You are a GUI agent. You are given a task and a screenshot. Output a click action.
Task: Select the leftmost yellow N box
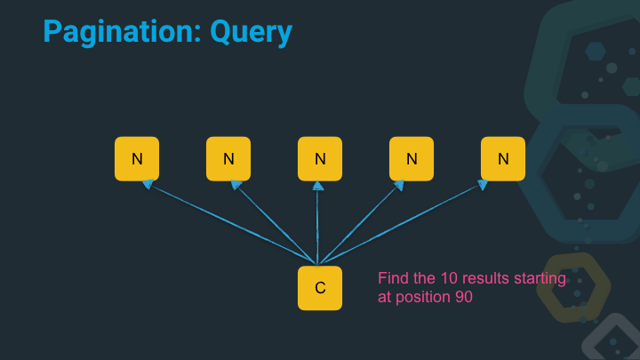coord(137,159)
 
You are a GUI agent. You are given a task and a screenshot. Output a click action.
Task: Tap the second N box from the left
coord(228,159)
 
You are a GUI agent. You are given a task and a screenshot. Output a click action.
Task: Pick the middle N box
coord(320,159)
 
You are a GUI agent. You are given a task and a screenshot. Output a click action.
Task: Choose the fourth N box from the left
coord(412,159)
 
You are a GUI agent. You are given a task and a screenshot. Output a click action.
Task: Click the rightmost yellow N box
coord(503,159)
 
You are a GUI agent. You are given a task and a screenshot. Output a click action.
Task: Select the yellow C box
coord(320,288)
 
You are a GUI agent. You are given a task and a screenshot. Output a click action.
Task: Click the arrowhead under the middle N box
coord(318,185)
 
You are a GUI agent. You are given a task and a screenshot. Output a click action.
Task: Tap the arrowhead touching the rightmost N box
coord(483,185)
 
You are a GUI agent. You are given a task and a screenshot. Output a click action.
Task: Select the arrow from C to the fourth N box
coord(360,224)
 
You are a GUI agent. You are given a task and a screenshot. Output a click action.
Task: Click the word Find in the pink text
coord(393,279)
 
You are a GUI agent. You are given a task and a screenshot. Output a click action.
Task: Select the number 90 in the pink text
coord(463,298)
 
